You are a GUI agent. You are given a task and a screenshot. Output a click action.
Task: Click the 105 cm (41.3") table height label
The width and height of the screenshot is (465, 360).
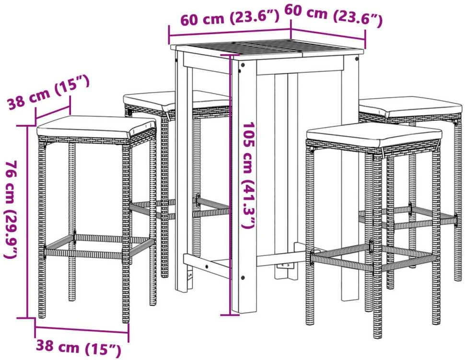[248, 175]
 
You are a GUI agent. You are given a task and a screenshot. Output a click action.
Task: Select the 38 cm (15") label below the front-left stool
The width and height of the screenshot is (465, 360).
[79, 348]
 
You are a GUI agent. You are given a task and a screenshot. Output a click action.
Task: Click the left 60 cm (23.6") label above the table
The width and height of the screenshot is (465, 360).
[230, 17]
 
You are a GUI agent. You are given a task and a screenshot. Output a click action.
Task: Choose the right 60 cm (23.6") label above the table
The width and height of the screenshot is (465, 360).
[333, 15]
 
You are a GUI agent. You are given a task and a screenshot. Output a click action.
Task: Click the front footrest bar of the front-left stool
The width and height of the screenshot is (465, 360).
[83, 254]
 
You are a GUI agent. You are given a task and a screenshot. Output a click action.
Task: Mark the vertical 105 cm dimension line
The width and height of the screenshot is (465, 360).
[230, 185]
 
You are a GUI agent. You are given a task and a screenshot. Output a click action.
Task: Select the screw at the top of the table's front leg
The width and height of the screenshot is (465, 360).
[243, 65]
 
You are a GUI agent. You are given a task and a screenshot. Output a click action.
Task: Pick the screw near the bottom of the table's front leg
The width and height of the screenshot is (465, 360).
[243, 278]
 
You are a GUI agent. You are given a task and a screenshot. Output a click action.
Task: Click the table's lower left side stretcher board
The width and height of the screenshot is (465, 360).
[207, 266]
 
